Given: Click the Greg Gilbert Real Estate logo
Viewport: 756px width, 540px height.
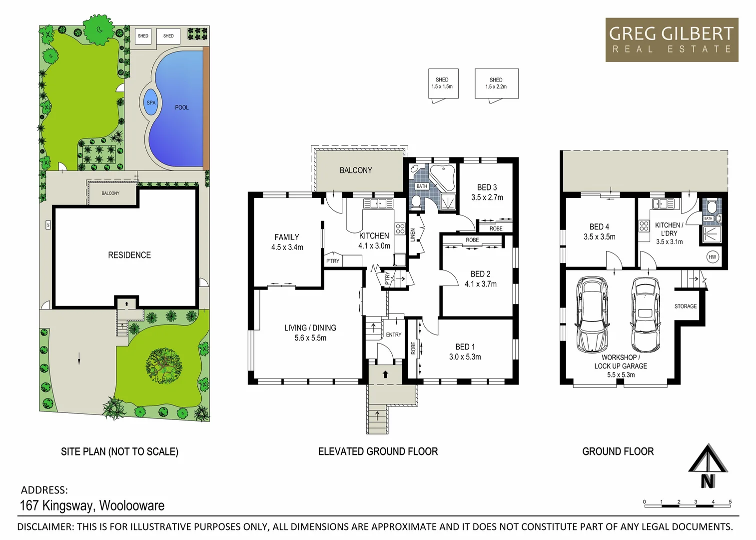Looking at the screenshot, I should (672, 40).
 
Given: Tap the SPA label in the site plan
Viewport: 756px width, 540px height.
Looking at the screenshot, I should (151, 103).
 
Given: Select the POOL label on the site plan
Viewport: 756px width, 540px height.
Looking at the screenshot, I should (182, 107).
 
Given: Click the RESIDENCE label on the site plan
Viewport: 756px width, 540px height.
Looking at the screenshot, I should (129, 255).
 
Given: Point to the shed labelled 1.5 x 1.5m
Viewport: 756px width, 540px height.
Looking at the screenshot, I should (442, 83).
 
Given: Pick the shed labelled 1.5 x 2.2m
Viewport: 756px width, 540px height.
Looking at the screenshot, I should (496, 83).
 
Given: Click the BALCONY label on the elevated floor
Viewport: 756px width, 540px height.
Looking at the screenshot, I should (356, 170).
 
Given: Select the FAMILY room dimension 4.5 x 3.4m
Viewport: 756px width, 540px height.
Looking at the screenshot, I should (287, 247).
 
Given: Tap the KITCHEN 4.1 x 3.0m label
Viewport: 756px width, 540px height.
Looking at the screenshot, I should (374, 241).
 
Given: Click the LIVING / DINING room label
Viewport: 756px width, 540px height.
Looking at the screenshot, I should (310, 328).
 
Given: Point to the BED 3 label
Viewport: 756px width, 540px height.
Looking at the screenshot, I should (487, 187).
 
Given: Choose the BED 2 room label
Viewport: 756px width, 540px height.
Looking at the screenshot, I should (480, 274).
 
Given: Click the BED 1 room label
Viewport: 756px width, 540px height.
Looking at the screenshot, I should (465, 347).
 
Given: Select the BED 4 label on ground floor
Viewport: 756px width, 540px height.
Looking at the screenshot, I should (599, 227).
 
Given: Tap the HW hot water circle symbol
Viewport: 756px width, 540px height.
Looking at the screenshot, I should (712, 257).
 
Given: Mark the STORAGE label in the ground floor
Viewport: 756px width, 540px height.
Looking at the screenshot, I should (685, 306).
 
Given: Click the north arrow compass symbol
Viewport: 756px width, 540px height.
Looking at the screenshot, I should (708, 465).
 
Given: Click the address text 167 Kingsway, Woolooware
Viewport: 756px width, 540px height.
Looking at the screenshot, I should (92, 505).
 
